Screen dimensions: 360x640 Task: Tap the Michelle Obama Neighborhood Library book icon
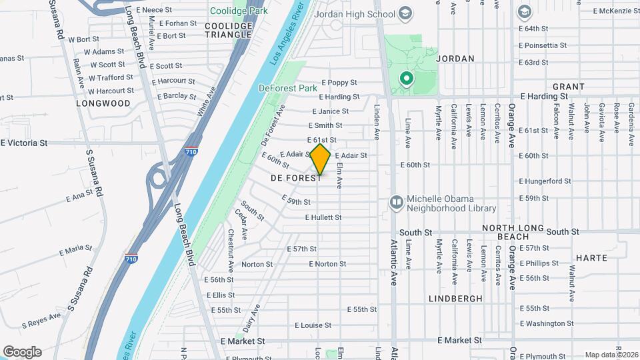pos(396,201)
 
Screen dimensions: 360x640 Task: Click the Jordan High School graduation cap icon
pos(405,13)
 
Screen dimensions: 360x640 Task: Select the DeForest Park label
pos(288,88)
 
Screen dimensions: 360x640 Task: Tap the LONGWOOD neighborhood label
pos(103,103)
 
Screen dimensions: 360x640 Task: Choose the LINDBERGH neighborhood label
pos(455,299)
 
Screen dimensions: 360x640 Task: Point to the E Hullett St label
pos(323,217)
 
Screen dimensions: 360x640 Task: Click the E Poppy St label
pos(339,83)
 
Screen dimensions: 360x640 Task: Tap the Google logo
pos(22,352)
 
